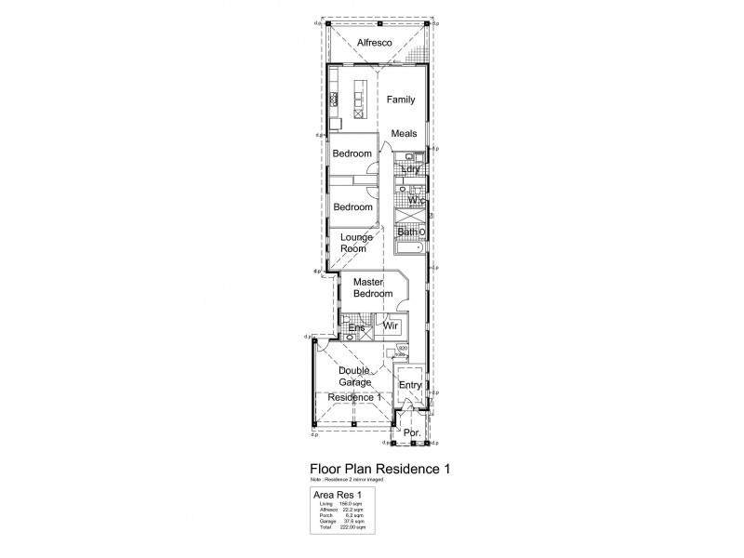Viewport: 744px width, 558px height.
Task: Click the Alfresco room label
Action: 373,44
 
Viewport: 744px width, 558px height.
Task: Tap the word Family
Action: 401,100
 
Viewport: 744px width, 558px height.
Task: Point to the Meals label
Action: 404,133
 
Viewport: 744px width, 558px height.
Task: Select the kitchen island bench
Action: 359,96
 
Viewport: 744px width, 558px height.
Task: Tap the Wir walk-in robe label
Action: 392,327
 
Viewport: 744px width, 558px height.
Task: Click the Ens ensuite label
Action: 355,328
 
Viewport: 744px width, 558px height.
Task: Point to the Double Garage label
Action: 354,376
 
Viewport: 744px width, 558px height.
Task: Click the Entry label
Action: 410,385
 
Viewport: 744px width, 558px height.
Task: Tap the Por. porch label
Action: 412,433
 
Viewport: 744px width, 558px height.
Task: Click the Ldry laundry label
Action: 411,168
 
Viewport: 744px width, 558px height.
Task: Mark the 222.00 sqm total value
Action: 354,527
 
